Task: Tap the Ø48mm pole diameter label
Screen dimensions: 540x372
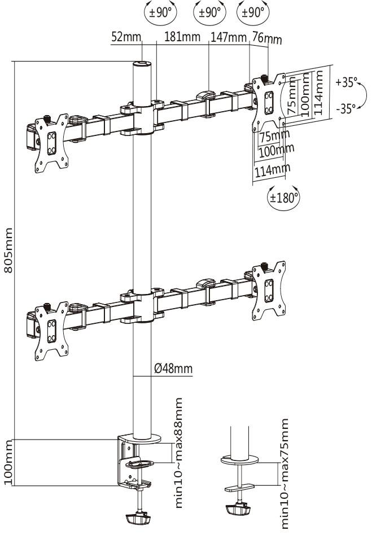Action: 173,368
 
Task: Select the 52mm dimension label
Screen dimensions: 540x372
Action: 125,38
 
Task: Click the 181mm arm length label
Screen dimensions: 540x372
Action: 182,38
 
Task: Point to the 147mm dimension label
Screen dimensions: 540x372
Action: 229,38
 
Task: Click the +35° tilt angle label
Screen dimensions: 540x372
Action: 345,82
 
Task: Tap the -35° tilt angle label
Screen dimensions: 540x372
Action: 345,108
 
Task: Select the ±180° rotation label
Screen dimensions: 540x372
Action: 283,197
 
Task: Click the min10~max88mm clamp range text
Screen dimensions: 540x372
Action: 179,453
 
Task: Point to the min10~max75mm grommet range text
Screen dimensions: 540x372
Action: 285,473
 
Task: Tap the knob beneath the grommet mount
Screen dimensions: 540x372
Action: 238,509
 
